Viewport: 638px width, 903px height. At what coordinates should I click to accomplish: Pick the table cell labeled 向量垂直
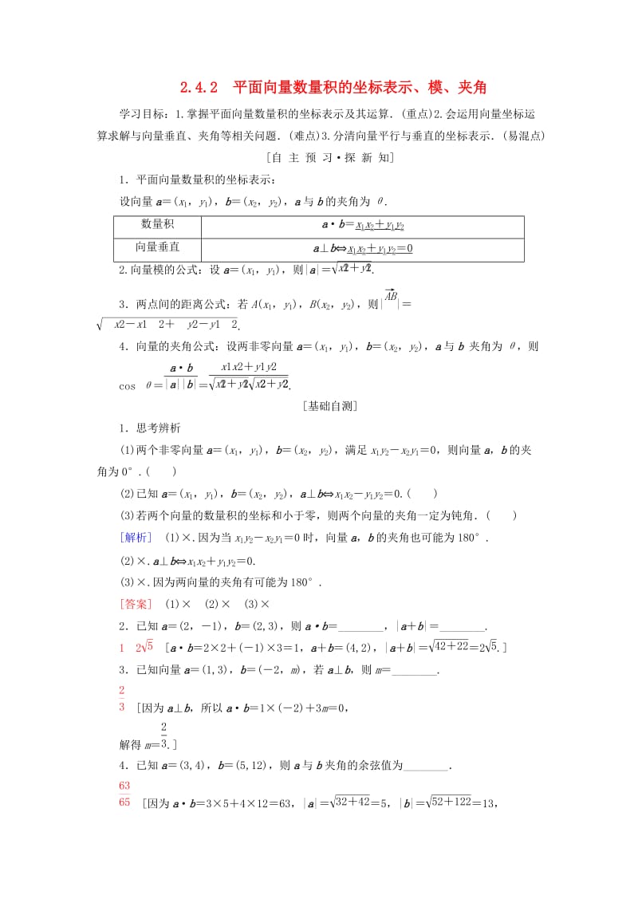pos(157,248)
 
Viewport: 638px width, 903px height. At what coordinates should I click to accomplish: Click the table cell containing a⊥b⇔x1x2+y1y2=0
pos(362,249)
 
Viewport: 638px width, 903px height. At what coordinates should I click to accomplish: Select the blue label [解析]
pos(136,537)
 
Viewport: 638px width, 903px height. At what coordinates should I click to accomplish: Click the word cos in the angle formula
pos(128,384)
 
